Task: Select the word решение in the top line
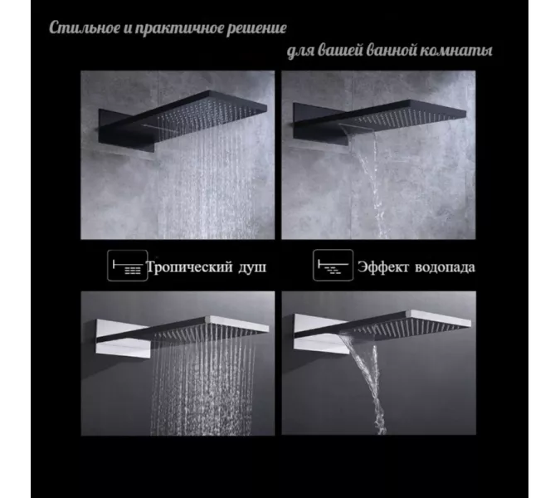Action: pyautogui.click(x=256, y=29)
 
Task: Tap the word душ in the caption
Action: pyautogui.click(x=253, y=268)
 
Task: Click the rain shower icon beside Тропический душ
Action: pyautogui.click(x=128, y=266)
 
